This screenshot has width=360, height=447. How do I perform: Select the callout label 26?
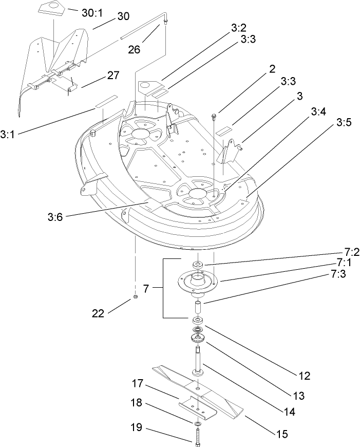tap(135, 50)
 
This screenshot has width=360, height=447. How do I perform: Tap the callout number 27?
tap(113, 76)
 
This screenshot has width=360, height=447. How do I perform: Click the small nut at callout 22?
tap(135, 297)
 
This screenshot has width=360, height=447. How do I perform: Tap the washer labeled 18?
tap(197, 424)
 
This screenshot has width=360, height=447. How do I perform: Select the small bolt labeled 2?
tap(213, 118)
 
